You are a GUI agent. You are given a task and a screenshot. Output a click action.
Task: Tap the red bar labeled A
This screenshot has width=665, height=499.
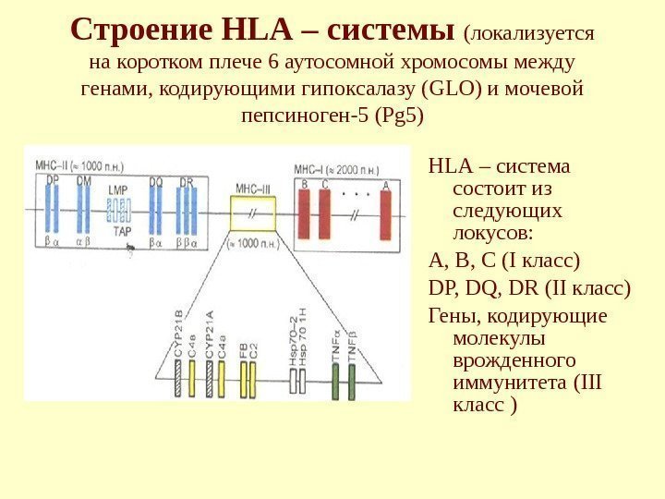tap(385, 214)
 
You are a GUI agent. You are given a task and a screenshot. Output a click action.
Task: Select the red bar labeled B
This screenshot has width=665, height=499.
tap(305, 214)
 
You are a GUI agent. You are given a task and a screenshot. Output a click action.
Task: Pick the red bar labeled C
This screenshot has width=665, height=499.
tap(325, 214)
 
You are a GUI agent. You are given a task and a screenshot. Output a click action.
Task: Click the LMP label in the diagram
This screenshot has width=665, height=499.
tap(117, 190)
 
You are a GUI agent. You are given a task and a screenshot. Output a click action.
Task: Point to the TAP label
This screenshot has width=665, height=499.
tap(121, 232)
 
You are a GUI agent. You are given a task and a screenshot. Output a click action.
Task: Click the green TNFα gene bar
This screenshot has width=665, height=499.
tap(334, 381)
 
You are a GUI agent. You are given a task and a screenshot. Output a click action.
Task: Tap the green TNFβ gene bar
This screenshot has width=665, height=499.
tap(352, 381)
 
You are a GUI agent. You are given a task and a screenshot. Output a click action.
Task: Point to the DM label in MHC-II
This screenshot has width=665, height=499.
tap(84, 181)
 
